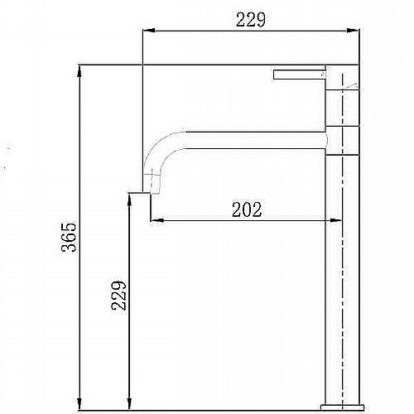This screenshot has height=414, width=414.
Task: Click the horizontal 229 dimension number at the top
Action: [250, 20]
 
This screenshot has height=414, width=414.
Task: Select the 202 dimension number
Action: [247, 209]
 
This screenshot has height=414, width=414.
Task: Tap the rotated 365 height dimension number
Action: [69, 237]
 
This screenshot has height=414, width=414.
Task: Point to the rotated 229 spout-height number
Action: [119, 296]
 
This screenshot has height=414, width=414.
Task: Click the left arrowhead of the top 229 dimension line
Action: [149, 31]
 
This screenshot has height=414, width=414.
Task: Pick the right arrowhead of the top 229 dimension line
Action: [354, 31]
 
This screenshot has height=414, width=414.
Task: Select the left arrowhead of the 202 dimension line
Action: [157, 220]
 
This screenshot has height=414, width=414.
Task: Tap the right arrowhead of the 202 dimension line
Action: [335, 220]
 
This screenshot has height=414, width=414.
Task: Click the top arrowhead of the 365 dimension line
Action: [79, 72]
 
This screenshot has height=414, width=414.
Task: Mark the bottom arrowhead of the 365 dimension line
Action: [79, 403]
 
